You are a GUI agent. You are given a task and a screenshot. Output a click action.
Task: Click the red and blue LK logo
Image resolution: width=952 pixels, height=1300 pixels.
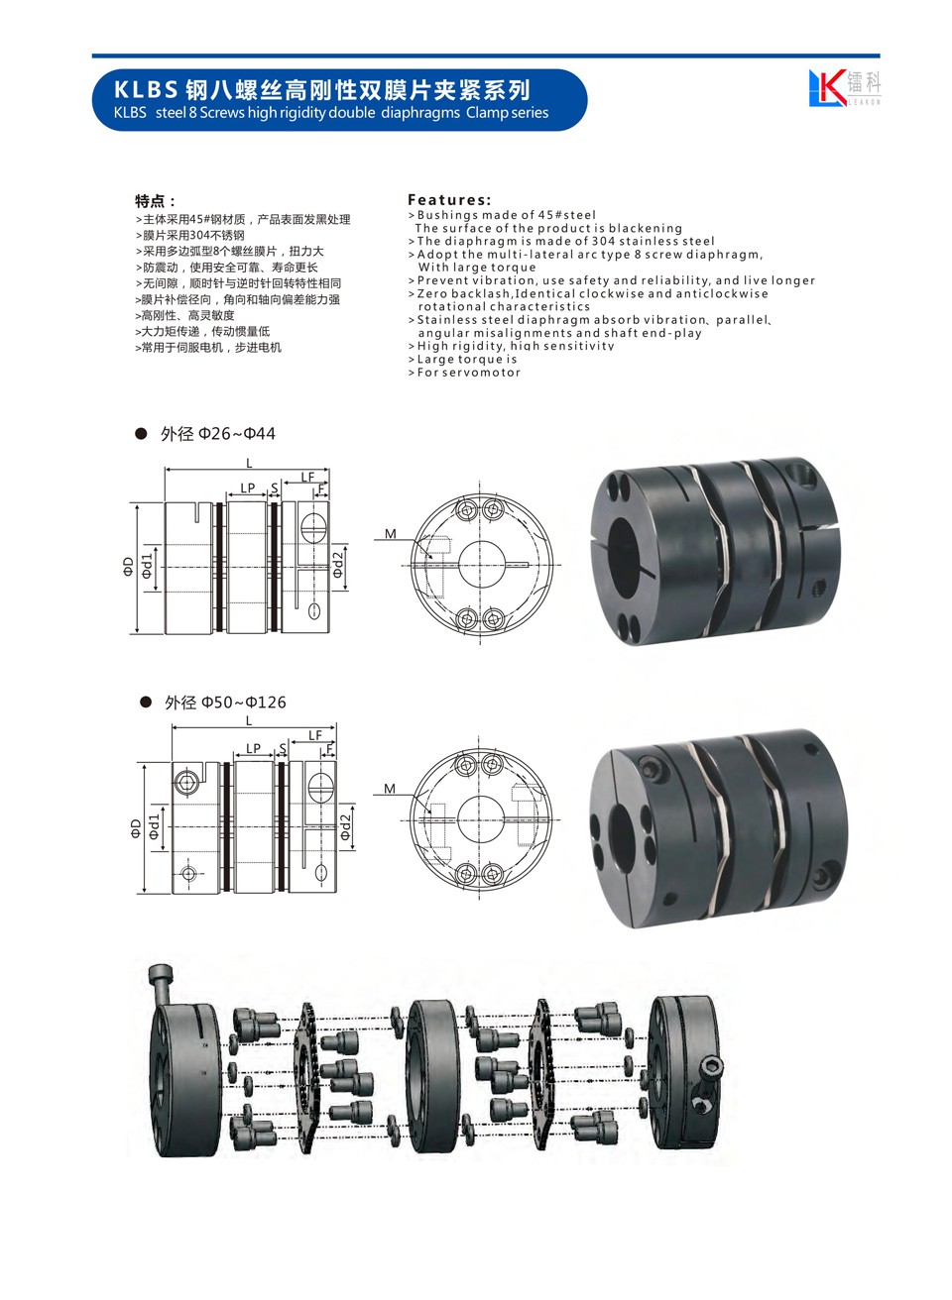(826, 87)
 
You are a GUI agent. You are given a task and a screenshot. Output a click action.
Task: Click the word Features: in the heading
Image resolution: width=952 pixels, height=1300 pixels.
(449, 199)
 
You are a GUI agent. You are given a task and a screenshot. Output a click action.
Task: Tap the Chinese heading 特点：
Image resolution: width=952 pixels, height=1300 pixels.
(155, 201)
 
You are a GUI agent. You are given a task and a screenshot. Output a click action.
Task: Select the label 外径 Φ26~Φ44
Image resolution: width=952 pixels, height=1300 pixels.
(218, 434)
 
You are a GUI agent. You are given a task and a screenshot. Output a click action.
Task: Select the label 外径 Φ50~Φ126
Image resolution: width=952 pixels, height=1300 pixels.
(225, 703)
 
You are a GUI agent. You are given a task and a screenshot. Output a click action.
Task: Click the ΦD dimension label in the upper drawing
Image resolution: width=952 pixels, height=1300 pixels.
(128, 566)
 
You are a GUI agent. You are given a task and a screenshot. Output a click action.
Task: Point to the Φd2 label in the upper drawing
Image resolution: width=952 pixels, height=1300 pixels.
(338, 565)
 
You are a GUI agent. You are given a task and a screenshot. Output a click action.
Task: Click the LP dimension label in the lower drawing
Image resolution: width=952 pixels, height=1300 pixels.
(253, 748)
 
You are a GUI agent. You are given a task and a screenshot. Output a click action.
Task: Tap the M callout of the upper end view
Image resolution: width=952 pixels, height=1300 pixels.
(391, 533)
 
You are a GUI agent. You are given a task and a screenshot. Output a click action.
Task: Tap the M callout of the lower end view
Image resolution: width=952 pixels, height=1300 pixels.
(390, 789)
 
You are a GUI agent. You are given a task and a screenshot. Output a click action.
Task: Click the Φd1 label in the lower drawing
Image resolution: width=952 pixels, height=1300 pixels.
(154, 825)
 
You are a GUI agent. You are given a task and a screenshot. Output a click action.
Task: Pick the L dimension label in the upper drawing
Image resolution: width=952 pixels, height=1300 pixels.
(249, 463)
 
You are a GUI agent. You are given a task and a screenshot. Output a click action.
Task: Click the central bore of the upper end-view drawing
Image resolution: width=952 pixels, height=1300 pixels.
(482, 564)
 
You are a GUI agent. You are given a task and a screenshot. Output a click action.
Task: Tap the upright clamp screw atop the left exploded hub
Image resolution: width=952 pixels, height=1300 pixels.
(162, 984)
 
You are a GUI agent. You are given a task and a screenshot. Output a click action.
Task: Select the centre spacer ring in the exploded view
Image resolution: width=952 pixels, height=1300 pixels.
(432, 1076)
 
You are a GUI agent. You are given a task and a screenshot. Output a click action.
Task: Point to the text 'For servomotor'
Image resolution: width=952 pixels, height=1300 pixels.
(468, 373)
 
